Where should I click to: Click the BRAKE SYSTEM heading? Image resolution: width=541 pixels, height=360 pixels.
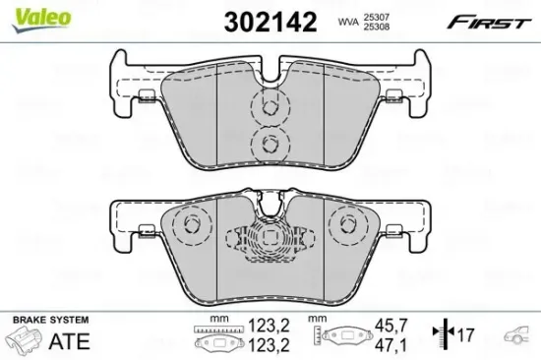pyautogui.click(x=50, y=321)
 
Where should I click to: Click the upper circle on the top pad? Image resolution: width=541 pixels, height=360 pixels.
pyautogui.click(x=266, y=105)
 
